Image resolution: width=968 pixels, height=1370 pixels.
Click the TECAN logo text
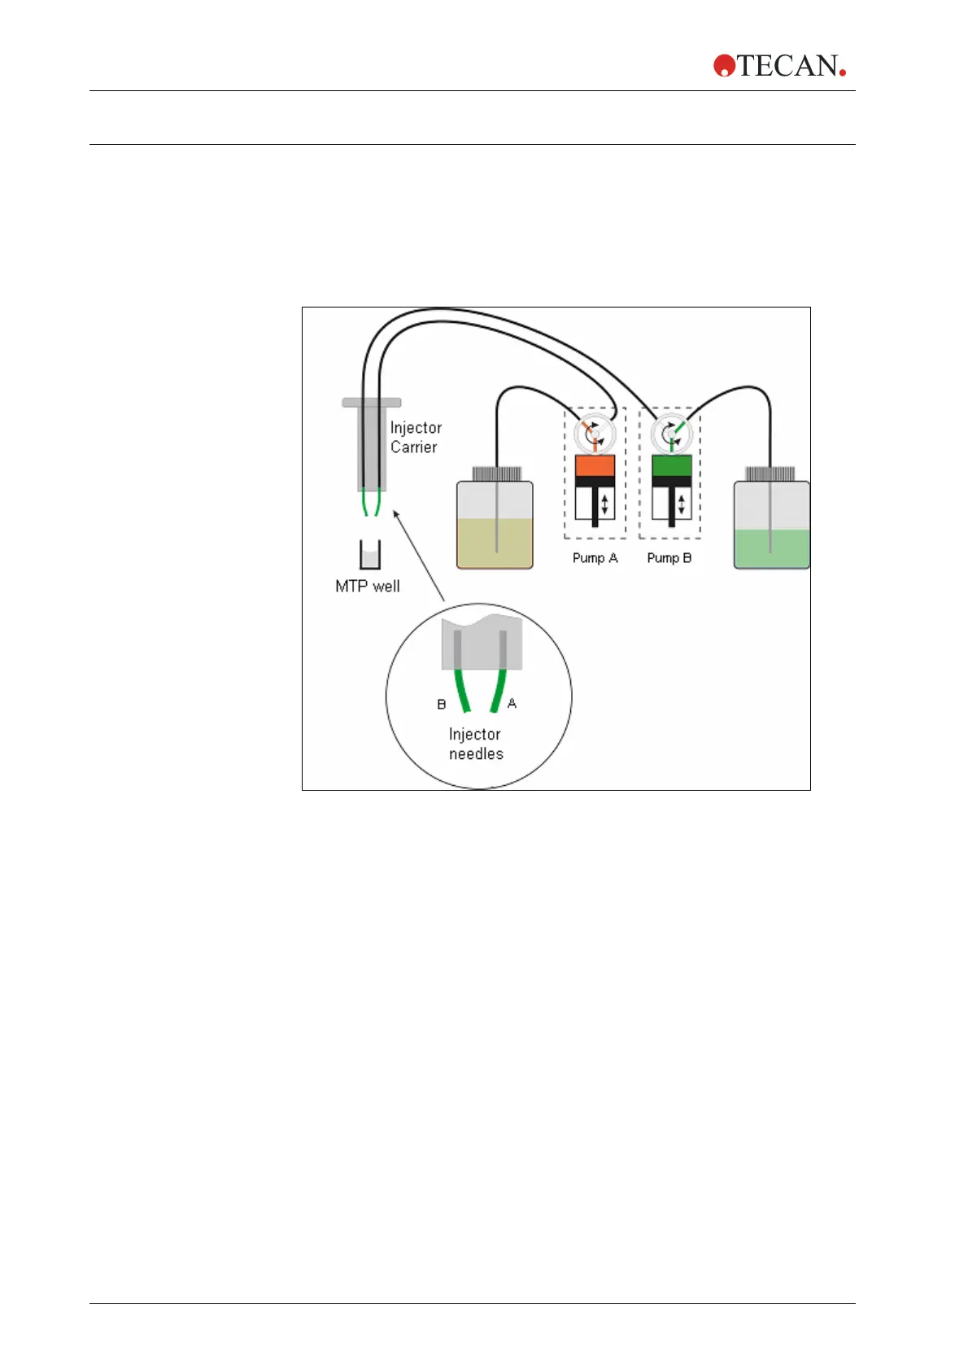pyautogui.click(x=787, y=66)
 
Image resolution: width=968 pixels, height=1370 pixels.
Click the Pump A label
pyautogui.click(x=595, y=558)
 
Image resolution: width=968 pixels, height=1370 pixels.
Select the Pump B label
pyautogui.click(x=669, y=558)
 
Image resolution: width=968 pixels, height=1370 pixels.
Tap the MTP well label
pyautogui.click(x=368, y=587)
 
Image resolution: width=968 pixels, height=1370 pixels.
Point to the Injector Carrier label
pyautogui.click(x=416, y=437)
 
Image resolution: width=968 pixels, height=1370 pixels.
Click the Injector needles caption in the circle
pyautogui.click(x=476, y=744)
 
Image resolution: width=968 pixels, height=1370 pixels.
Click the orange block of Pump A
pyautogui.click(x=595, y=465)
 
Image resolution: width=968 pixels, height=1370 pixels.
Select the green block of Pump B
pyautogui.click(x=671, y=465)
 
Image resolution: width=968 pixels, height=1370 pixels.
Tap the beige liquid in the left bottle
pyautogui.click(x=495, y=543)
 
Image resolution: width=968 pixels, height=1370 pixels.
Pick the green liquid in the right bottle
pyautogui.click(x=771, y=549)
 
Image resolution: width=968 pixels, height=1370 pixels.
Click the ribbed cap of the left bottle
pyautogui.click(x=496, y=473)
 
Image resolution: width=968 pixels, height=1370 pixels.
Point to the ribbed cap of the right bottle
pyautogui.click(x=770, y=473)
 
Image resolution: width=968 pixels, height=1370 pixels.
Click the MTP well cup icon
pyautogui.click(x=370, y=555)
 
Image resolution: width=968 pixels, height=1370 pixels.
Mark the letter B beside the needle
pyautogui.click(x=442, y=705)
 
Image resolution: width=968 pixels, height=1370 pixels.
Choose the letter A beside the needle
pyautogui.click(x=512, y=704)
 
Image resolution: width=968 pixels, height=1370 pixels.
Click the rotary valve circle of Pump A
pyautogui.click(x=594, y=432)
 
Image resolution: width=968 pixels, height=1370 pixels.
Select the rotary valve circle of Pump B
pyautogui.click(x=670, y=432)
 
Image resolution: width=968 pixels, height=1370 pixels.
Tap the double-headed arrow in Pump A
pyautogui.click(x=604, y=504)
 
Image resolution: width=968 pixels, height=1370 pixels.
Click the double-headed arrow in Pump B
pyautogui.click(x=682, y=504)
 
